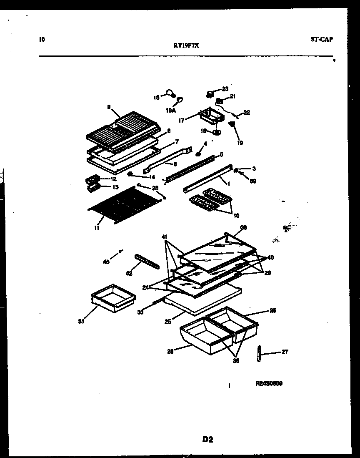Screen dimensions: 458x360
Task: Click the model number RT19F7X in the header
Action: click(x=186, y=47)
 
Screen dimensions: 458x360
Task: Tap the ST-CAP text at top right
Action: click(x=322, y=40)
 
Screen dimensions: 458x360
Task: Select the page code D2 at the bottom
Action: click(x=208, y=439)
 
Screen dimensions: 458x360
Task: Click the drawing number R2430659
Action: click(x=270, y=383)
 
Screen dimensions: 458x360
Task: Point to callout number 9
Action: click(x=109, y=107)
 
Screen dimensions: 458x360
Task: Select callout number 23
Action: click(x=225, y=89)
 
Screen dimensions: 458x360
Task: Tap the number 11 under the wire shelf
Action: click(x=97, y=228)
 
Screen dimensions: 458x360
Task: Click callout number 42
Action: click(x=129, y=274)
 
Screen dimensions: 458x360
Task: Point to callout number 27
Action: click(x=285, y=352)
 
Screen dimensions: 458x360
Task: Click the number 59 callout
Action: click(x=252, y=181)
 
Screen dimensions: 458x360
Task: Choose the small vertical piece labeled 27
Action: click(x=259, y=354)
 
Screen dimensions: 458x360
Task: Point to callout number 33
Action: click(x=140, y=312)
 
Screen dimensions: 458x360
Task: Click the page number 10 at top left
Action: click(x=41, y=40)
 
